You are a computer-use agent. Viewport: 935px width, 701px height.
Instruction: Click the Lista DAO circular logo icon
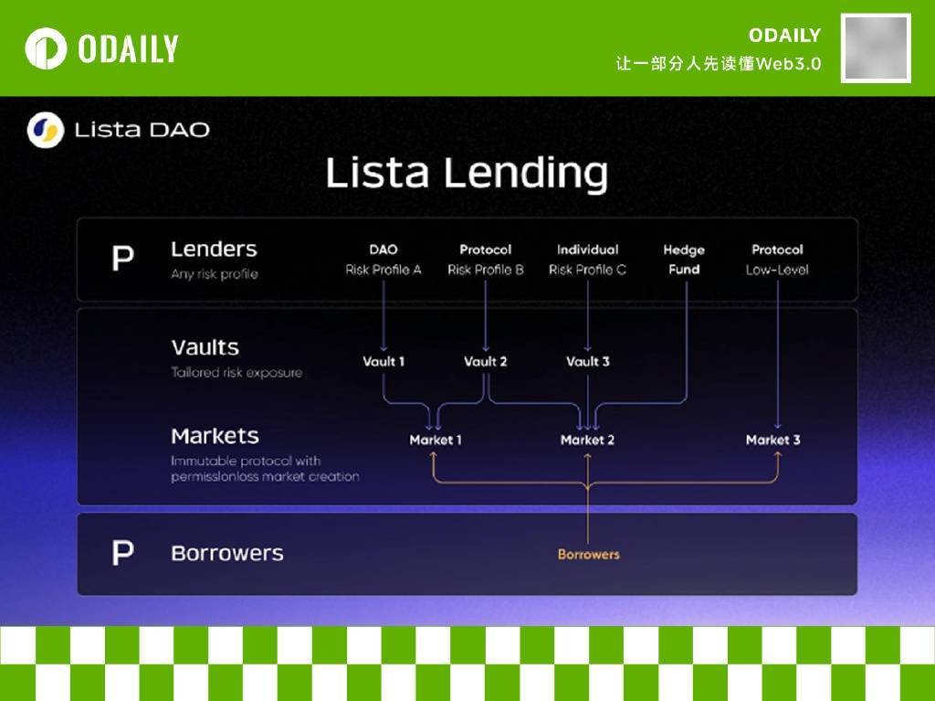click(x=46, y=130)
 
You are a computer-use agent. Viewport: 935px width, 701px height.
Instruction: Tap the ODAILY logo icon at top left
click(x=46, y=48)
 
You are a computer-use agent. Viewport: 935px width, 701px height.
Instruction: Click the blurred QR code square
click(x=876, y=48)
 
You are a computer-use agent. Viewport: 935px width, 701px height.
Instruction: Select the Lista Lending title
click(x=467, y=173)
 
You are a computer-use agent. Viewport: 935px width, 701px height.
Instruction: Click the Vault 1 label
click(x=383, y=361)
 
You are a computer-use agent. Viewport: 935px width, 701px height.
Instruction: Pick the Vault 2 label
click(x=486, y=361)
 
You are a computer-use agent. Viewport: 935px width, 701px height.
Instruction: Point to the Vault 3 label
click(x=588, y=361)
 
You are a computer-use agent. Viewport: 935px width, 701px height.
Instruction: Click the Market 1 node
click(x=436, y=440)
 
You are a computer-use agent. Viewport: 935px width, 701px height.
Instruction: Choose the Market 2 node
click(x=587, y=440)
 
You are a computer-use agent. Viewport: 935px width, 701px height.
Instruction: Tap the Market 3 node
click(x=772, y=440)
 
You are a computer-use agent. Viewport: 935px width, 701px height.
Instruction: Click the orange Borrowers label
click(x=589, y=555)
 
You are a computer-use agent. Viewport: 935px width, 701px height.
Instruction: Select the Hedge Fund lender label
click(x=684, y=260)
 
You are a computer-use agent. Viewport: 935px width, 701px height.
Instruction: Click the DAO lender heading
click(x=383, y=250)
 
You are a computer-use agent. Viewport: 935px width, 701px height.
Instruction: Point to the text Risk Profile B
click(x=486, y=270)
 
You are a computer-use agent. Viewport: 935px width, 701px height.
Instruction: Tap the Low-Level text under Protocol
click(x=777, y=270)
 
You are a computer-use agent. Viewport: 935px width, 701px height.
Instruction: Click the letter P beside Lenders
click(x=123, y=258)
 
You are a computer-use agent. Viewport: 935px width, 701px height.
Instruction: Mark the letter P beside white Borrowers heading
click(x=123, y=552)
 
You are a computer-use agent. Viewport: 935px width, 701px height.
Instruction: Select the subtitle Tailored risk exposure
click(x=236, y=373)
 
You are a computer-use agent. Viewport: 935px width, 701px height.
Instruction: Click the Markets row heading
click(x=215, y=436)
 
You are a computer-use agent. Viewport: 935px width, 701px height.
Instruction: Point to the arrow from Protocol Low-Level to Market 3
click(x=778, y=355)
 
